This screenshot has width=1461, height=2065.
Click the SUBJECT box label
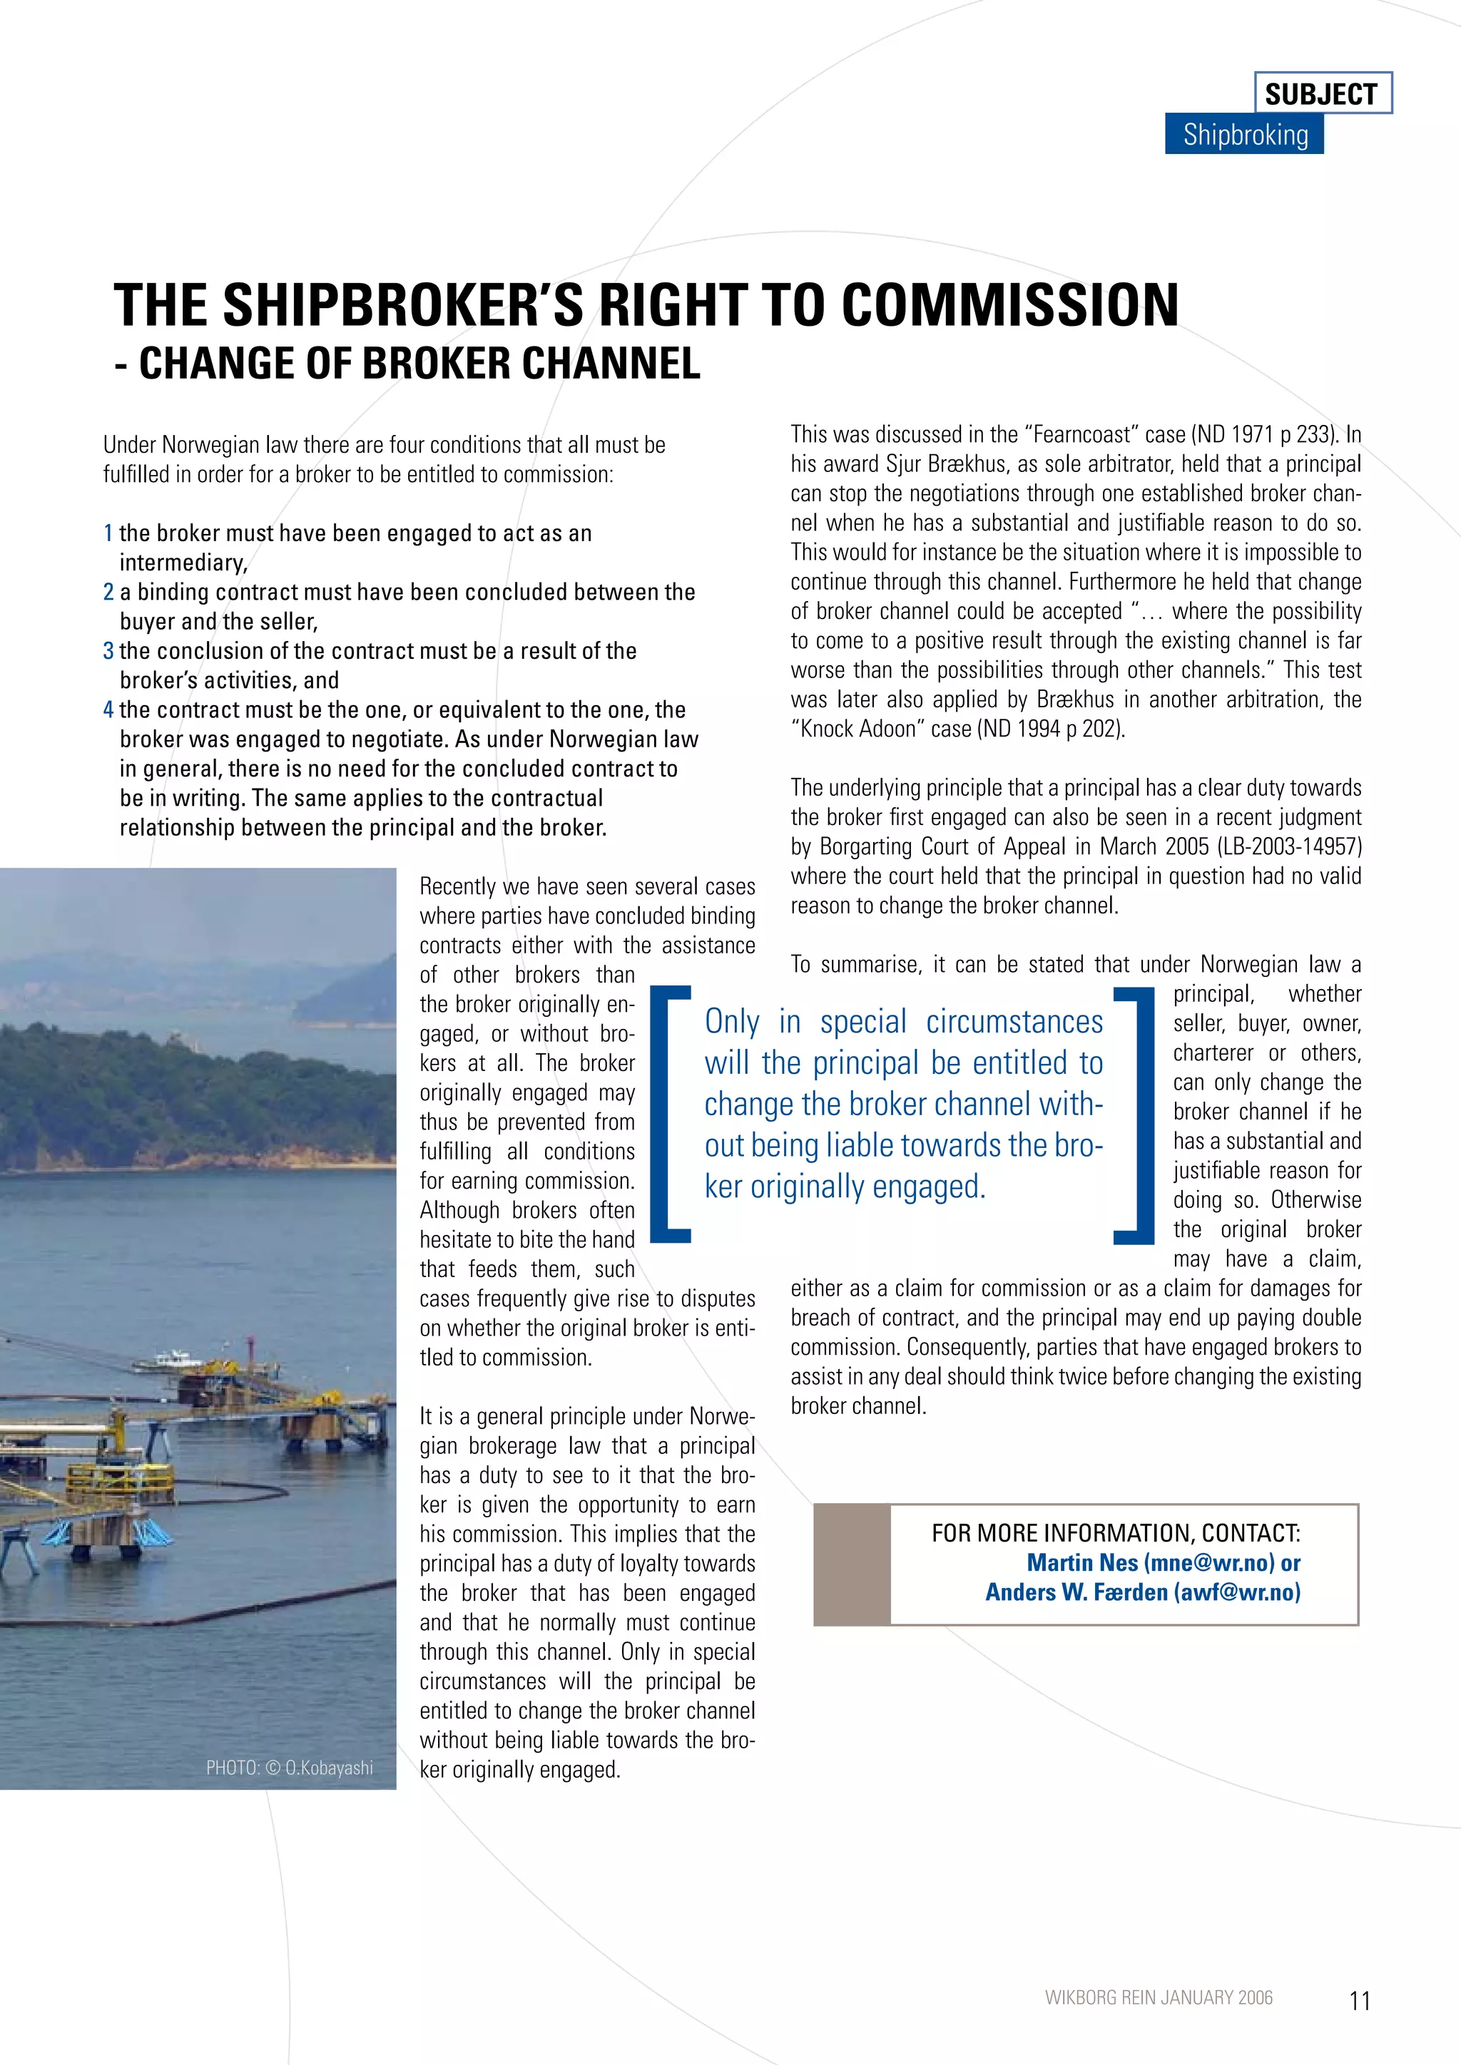point(1322,93)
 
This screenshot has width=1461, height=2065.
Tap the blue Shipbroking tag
point(1244,135)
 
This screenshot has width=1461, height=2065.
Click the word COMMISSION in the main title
point(1009,305)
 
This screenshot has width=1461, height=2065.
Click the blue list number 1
point(108,533)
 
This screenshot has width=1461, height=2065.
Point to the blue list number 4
point(108,709)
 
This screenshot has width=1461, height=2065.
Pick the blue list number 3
point(108,651)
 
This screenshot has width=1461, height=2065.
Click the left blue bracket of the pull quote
point(668,1115)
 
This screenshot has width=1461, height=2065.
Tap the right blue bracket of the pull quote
point(1134,1115)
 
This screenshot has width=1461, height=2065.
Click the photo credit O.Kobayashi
point(328,1768)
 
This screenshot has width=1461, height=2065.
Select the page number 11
point(1359,2000)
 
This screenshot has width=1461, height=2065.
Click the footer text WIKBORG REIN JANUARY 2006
point(1158,1997)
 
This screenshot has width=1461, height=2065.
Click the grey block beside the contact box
point(851,1564)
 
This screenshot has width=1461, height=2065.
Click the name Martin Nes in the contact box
point(1082,1562)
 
